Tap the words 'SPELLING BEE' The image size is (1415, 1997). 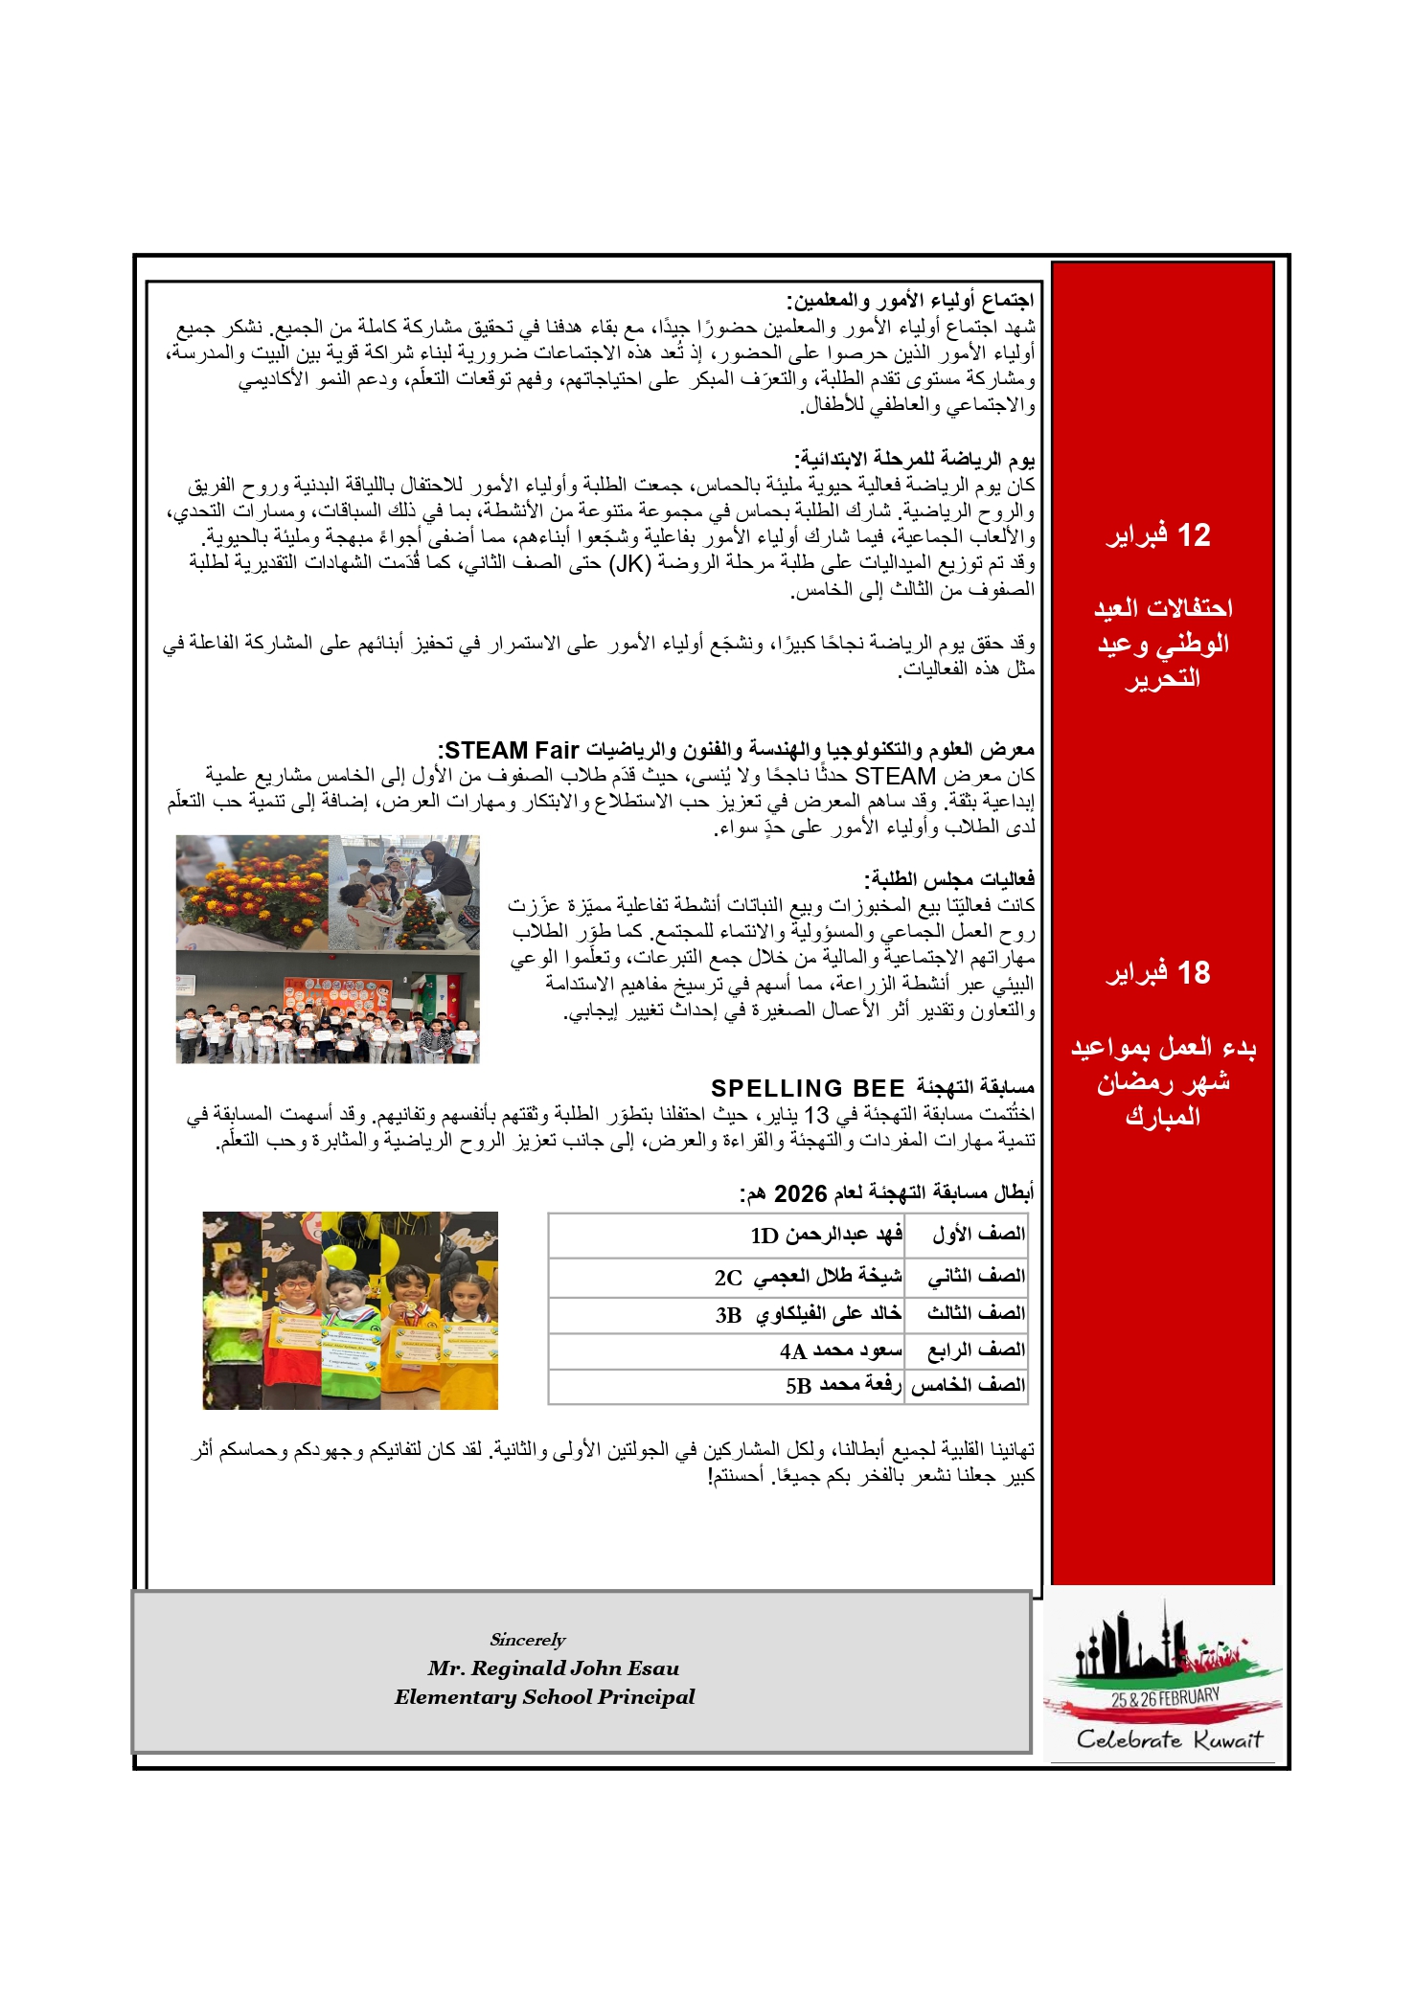[808, 1088]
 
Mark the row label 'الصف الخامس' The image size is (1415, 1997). [968, 1385]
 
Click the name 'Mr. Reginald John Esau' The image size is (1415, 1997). [553, 1668]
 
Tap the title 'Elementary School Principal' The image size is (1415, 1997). [544, 1697]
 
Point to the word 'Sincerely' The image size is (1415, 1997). [527, 1640]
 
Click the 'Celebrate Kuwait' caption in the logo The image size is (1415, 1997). [1169, 1739]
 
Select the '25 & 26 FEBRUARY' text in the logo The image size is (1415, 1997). [1165, 1698]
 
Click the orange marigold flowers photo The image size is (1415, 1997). [252, 892]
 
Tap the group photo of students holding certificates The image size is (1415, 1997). [327, 1008]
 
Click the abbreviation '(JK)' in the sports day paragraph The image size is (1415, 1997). [630, 563]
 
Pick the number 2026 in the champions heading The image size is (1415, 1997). [800, 1193]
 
